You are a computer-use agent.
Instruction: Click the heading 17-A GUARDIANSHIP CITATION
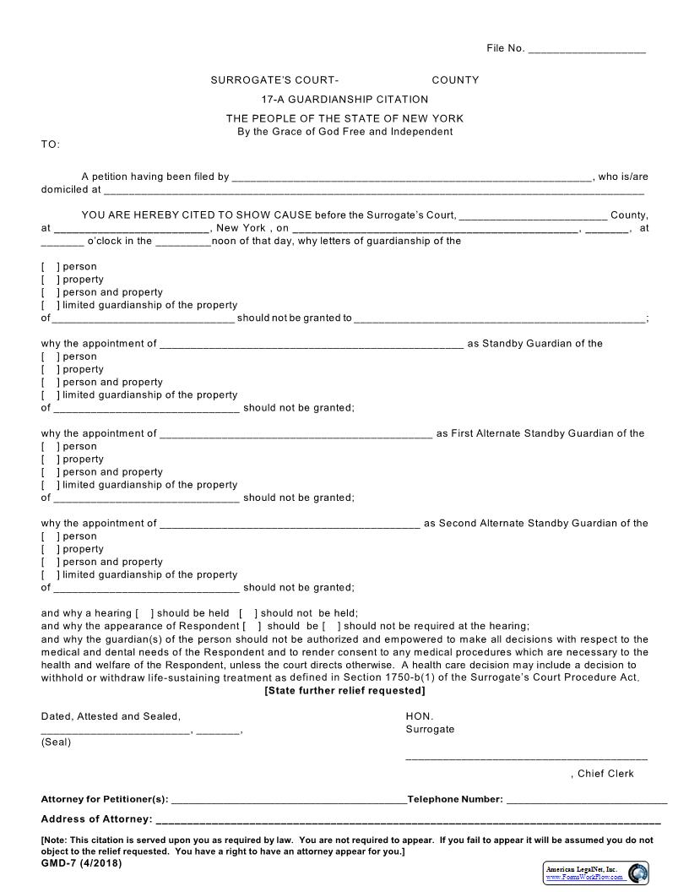coord(344,100)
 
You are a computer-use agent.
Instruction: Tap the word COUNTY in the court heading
coord(455,80)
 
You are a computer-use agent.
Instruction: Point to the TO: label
coord(51,144)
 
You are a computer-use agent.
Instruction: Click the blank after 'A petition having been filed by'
coord(411,178)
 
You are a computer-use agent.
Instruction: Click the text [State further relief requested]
coord(344,690)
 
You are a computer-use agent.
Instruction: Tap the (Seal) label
coord(57,742)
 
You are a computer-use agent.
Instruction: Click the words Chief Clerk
coord(605,774)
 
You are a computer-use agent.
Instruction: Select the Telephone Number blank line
coord(586,801)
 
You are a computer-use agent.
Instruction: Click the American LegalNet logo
coord(596,873)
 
